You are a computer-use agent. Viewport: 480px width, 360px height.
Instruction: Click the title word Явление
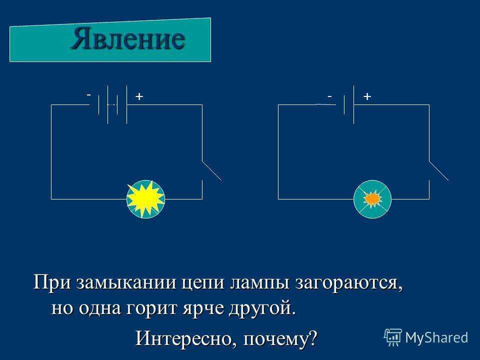[128, 39]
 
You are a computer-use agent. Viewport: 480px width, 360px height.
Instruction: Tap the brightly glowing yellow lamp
[145, 199]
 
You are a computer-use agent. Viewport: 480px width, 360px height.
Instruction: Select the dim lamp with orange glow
[372, 199]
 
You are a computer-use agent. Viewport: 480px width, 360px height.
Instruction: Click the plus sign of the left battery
[139, 96]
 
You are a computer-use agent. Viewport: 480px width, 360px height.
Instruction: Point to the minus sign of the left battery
[88, 95]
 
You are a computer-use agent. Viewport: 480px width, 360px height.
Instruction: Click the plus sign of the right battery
[367, 96]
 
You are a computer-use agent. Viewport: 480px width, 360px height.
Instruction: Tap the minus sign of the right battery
[329, 96]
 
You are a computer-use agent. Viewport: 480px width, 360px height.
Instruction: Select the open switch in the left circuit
[211, 170]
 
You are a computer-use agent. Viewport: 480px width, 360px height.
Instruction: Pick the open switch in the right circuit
[438, 170]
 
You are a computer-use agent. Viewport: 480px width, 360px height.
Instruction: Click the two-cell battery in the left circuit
[112, 104]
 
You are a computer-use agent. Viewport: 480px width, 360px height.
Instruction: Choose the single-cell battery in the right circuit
[349, 104]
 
